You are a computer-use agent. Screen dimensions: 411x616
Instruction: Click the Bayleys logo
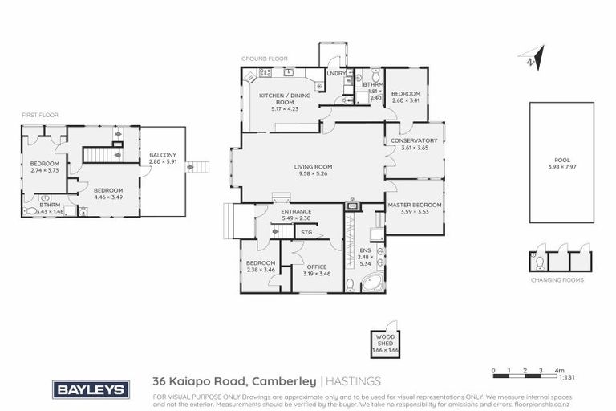click(90, 389)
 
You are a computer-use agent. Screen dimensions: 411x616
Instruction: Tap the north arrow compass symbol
click(531, 57)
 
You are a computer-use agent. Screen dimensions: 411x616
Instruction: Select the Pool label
click(561, 163)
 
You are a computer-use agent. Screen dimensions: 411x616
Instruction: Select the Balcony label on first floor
click(161, 158)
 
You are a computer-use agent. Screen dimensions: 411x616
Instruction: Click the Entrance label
click(295, 211)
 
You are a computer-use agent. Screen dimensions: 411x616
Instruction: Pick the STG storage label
click(306, 233)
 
